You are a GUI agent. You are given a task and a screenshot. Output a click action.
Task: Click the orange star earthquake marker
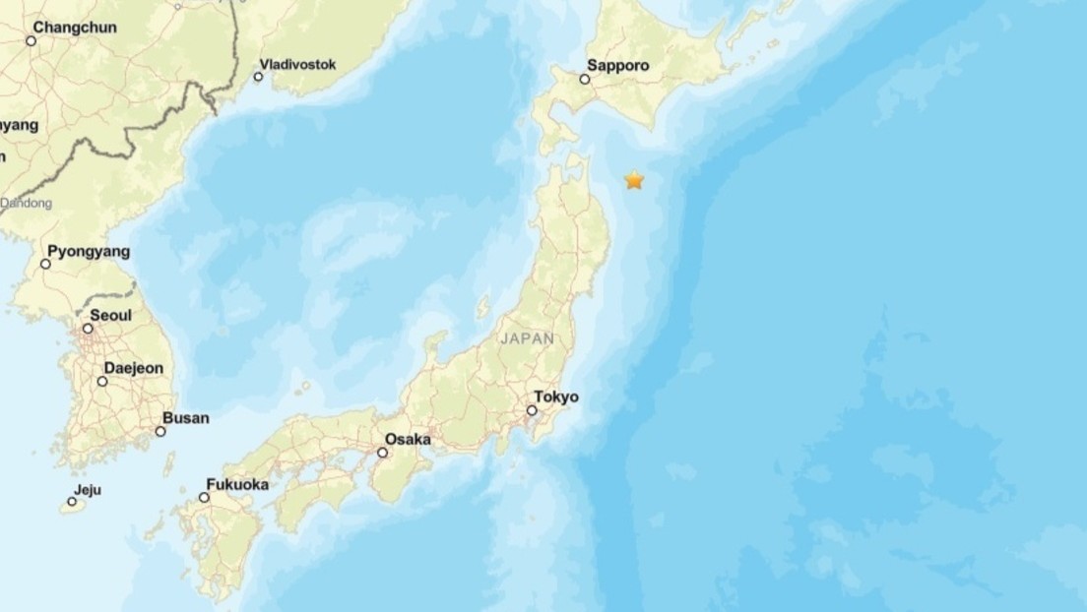(634, 180)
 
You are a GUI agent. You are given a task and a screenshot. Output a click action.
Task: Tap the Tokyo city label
(558, 397)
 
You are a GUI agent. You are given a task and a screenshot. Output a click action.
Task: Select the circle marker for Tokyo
(532, 410)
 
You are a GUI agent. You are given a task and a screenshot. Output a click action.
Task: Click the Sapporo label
(618, 66)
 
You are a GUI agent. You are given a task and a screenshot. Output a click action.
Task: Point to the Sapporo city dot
(584, 79)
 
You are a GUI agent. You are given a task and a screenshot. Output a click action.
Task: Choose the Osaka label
(408, 439)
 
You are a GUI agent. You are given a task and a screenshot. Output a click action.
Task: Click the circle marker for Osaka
(382, 453)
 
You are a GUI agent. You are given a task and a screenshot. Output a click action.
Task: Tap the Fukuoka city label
(236, 484)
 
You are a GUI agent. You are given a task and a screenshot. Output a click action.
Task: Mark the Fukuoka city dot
(204, 497)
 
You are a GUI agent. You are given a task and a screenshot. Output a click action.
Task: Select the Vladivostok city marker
(258, 77)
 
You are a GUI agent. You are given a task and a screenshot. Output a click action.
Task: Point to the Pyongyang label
(89, 251)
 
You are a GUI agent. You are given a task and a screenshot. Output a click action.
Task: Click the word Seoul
(110, 315)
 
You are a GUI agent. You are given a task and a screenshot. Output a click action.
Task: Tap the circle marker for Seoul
(87, 329)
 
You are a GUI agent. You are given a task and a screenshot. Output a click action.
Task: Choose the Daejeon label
(134, 368)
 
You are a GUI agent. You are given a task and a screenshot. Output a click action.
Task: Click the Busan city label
(186, 417)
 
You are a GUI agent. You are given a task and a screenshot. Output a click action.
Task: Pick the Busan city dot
(160, 431)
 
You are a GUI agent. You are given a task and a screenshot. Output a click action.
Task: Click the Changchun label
(74, 28)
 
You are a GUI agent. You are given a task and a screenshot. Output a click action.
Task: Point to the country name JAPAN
(527, 338)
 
